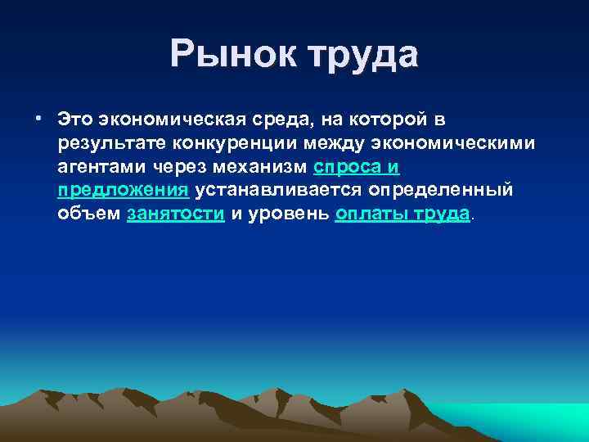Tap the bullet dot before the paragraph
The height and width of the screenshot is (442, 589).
click(39, 119)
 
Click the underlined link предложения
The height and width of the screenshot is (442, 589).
click(124, 191)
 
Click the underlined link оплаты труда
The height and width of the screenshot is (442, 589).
click(403, 214)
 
